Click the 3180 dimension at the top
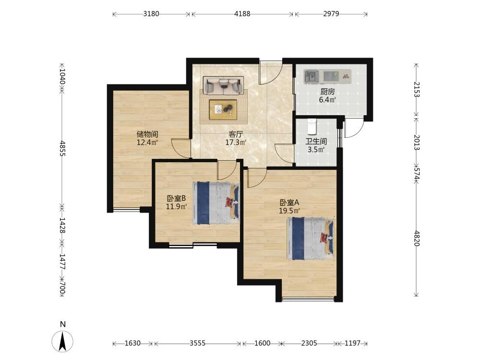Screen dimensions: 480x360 click(x=151, y=14)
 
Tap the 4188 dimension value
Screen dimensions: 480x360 click(x=242, y=14)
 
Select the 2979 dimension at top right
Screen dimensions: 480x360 click(x=331, y=14)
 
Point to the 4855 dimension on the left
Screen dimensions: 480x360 click(x=62, y=148)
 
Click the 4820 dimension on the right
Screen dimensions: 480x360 click(x=416, y=238)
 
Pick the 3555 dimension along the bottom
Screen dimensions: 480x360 click(x=197, y=343)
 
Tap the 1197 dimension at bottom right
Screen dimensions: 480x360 click(x=353, y=343)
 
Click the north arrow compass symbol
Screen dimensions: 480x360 click(x=62, y=341)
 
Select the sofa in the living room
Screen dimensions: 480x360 click(x=223, y=85)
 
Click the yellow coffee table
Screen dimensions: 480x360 click(x=223, y=109)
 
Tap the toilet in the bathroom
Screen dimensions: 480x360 click(x=312, y=127)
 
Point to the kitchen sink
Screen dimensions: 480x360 click(x=312, y=76)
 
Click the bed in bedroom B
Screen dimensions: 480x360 click(x=216, y=203)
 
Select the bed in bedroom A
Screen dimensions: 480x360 click(x=311, y=238)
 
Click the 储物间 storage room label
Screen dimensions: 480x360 click(x=147, y=134)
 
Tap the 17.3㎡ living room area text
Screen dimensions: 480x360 click(x=236, y=143)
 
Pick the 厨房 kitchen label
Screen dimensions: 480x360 click(x=327, y=92)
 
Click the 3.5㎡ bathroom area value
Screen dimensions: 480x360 click(x=316, y=150)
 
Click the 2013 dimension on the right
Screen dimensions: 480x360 click(x=416, y=143)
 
